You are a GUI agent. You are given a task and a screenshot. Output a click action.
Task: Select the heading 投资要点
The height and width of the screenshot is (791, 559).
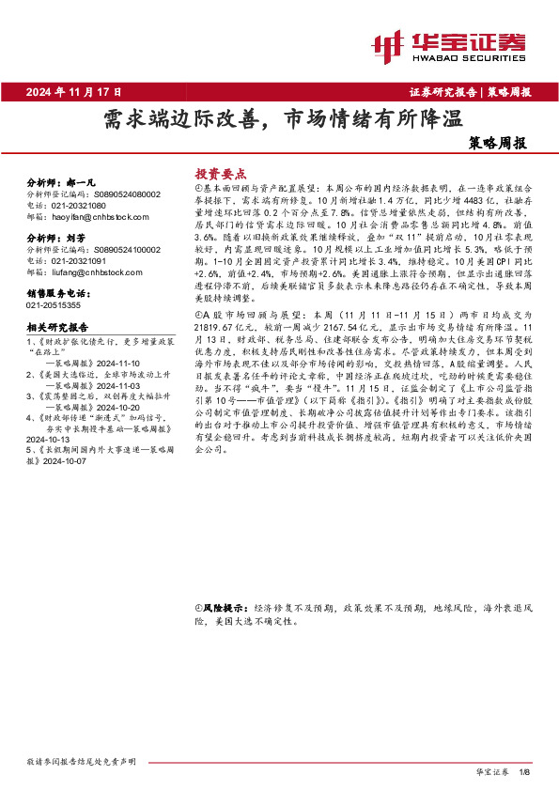pyautogui.click(x=220, y=174)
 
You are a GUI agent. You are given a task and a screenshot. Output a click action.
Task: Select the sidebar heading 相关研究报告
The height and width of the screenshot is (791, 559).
pyautogui.click(x=57, y=328)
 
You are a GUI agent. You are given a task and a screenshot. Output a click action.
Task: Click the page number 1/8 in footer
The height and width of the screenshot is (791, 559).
pyautogui.click(x=523, y=772)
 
